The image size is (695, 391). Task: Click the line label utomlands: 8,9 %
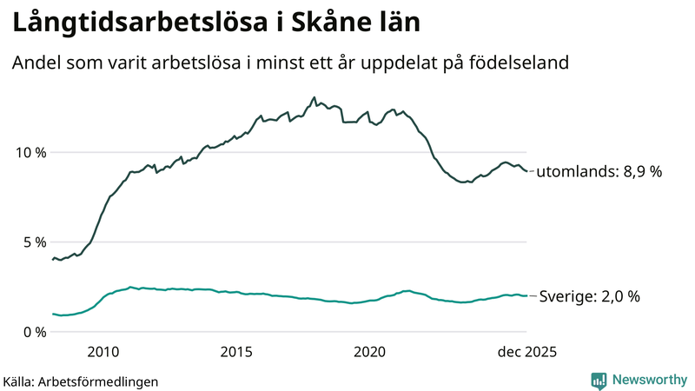pos(599,172)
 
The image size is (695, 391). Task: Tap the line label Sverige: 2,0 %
pos(589,296)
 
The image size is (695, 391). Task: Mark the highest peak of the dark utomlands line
pos(314,97)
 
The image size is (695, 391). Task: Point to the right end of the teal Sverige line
pos(527,296)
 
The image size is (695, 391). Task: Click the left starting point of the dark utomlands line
pos(51,259)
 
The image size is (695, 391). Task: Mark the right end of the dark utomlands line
pos(527,171)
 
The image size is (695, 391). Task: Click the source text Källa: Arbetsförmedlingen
pos(81,381)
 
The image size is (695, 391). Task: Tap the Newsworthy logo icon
pos(599,380)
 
